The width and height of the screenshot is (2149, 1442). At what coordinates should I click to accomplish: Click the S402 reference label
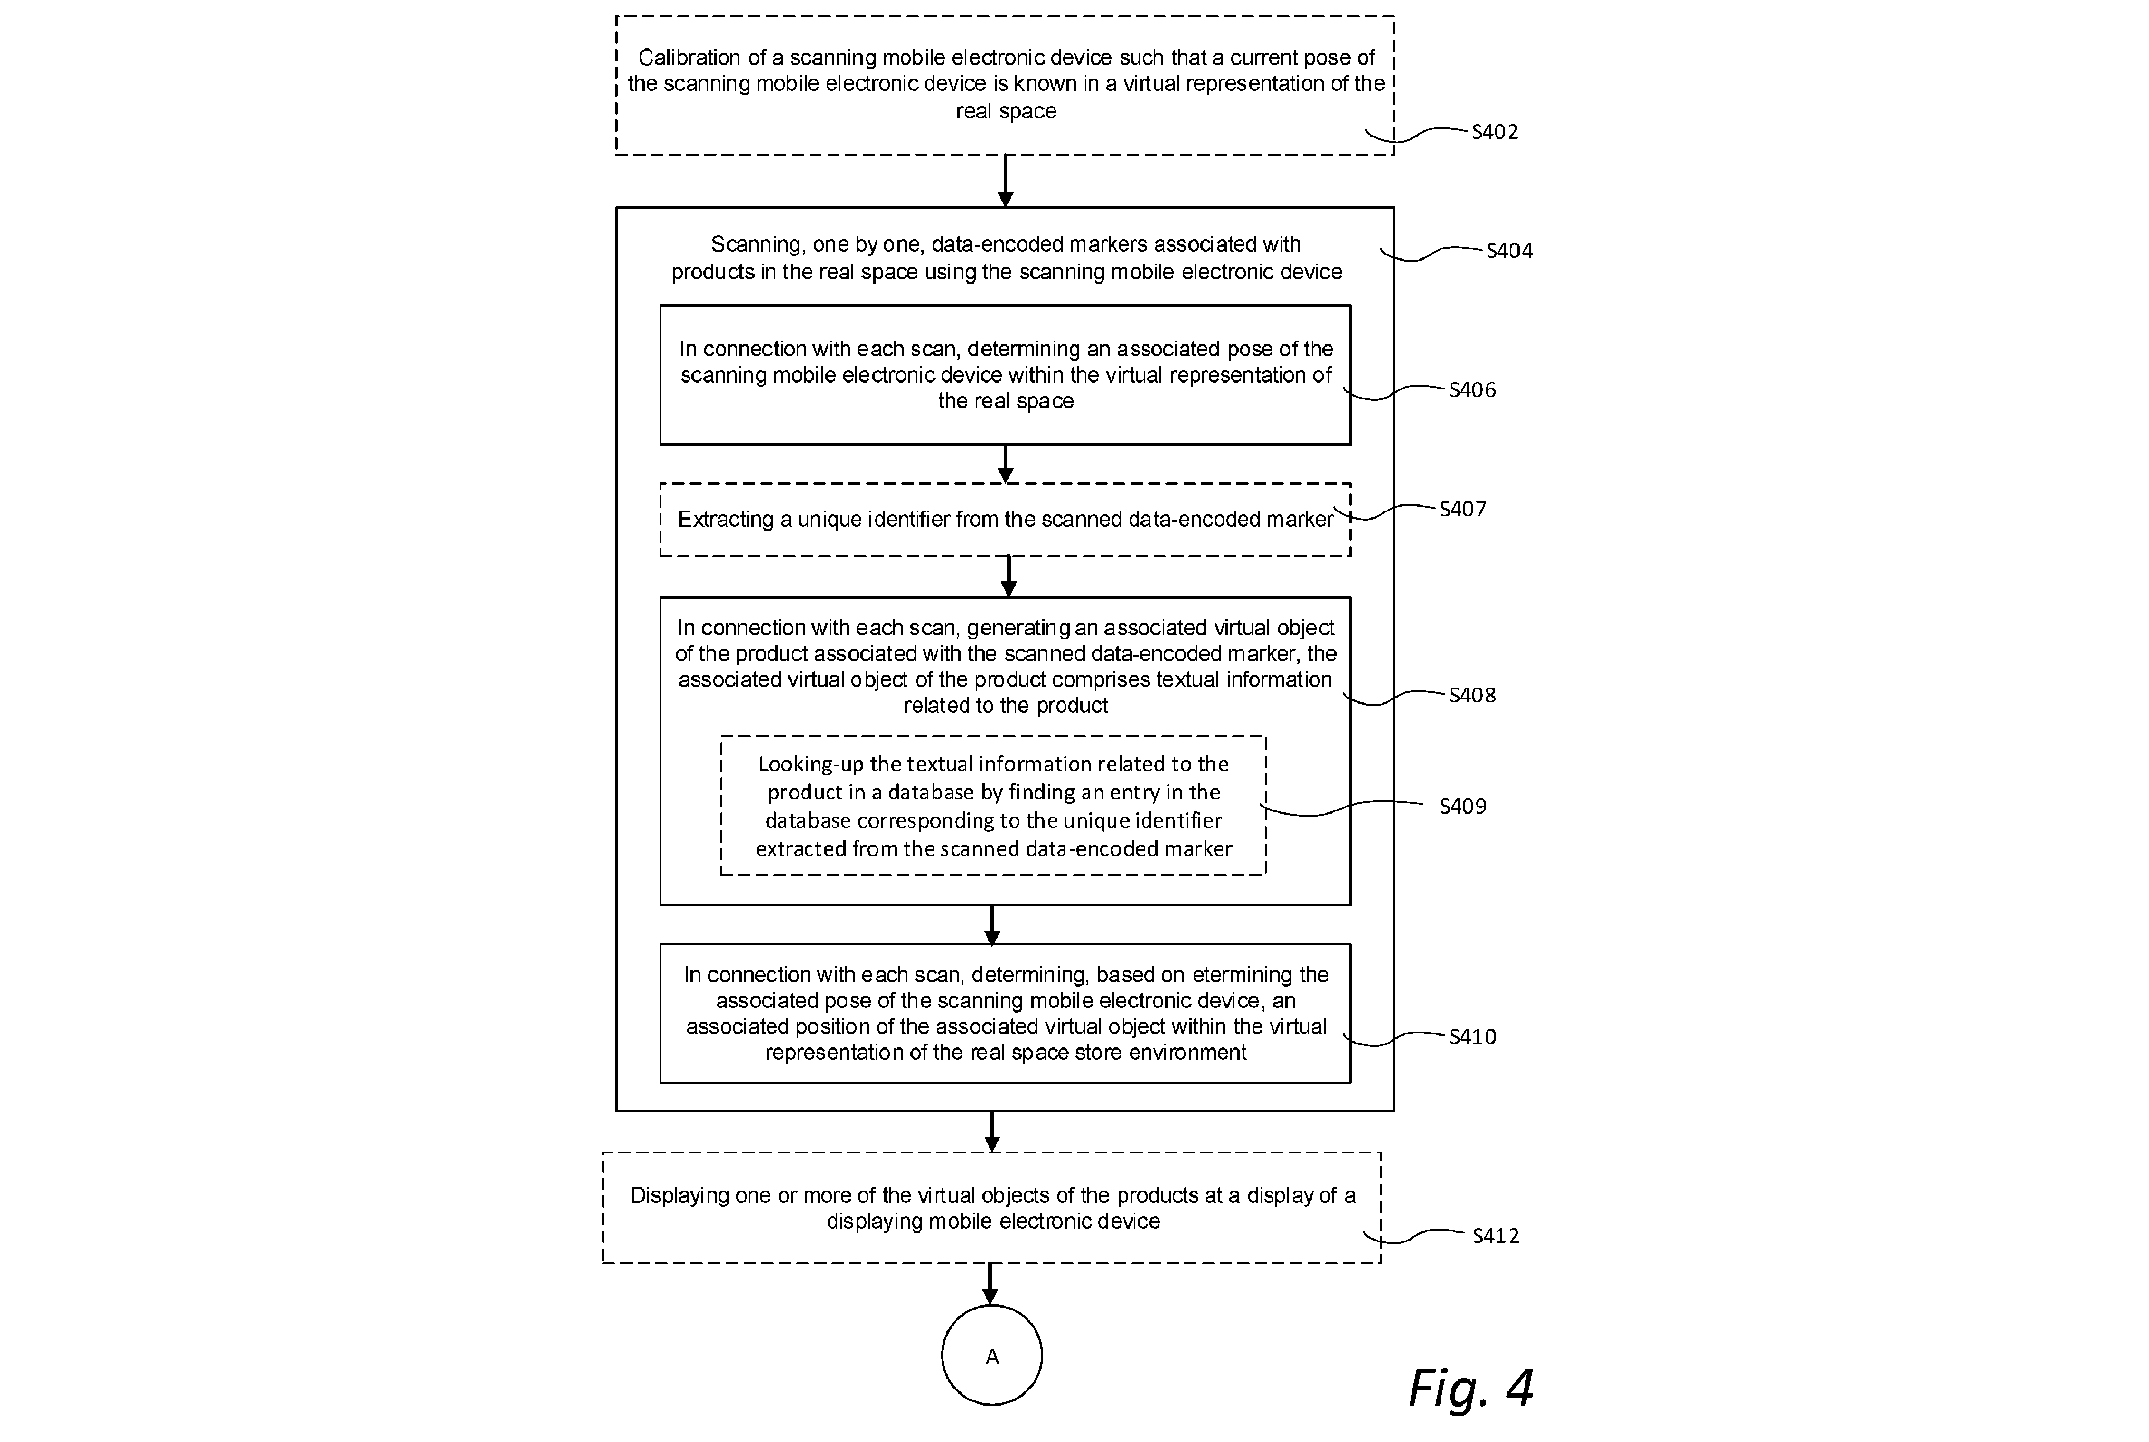[1495, 131]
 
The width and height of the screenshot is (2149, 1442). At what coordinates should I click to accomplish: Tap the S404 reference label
[1510, 250]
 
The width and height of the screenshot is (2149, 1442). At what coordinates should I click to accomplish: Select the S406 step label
[1472, 390]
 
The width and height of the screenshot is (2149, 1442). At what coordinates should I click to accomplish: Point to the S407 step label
[1463, 509]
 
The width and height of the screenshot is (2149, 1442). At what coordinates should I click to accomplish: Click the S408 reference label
[1472, 695]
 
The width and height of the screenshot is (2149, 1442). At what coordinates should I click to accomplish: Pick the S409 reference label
[1463, 806]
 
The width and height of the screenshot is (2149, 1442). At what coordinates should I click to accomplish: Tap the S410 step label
[1472, 1037]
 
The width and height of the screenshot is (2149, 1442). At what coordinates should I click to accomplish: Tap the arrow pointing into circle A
[990, 1284]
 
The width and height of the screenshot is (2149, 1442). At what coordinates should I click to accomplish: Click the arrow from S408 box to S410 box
[992, 925]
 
